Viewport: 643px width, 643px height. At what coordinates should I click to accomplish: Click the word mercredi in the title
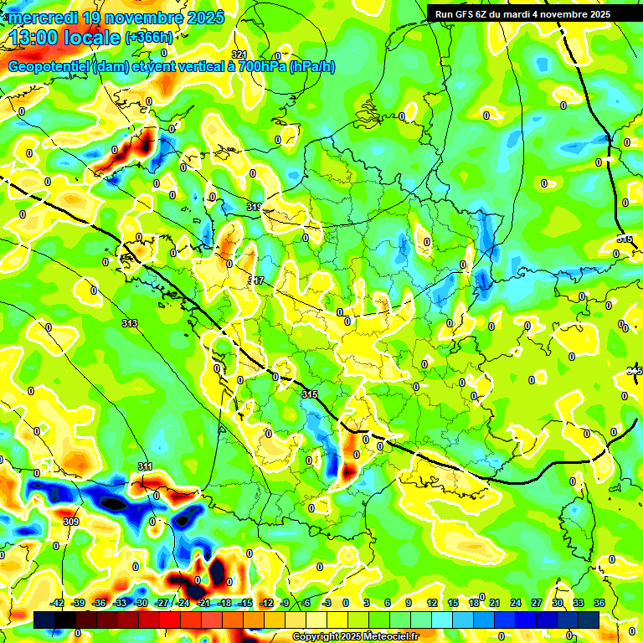42,18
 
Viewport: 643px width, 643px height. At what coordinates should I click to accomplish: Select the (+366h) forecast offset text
148,38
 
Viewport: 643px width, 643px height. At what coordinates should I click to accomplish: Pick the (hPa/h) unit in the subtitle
311,67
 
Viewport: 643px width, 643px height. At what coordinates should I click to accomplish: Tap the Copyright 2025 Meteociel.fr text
355,637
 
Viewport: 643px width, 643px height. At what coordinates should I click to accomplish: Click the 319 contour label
255,206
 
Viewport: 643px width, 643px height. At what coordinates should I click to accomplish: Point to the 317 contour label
257,280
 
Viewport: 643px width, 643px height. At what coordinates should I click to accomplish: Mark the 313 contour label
129,322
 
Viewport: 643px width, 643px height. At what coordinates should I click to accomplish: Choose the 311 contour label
145,466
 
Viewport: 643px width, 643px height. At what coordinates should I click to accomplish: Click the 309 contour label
71,522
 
